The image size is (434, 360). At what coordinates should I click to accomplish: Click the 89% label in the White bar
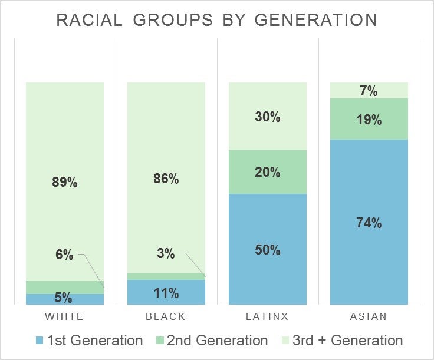pyautogui.click(x=64, y=183)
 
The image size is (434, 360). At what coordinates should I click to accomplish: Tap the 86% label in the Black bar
pyautogui.click(x=166, y=179)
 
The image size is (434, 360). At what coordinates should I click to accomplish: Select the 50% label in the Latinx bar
pyautogui.click(x=267, y=250)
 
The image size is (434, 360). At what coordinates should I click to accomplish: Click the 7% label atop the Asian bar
pyautogui.click(x=369, y=91)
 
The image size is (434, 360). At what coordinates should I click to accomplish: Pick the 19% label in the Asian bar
pyautogui.click(x=369, y=120)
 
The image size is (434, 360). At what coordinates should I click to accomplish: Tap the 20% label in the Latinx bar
pyautogui.click(x=267, y=173)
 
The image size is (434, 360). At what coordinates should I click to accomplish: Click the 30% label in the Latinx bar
pyautogui.click(x=267, y=117)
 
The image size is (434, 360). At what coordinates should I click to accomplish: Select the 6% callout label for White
pyautogui.click(x=64, y=255)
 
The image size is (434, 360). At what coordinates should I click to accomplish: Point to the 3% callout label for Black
pyautogui.click(x=166, y=254)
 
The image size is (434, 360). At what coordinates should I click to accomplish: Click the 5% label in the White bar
pyautogui.click(x=64, y=298)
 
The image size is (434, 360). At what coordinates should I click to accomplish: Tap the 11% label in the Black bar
pyautogui.click(x=166, y=293)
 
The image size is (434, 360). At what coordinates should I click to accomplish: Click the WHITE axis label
pyautogui.click(x=64, y=316)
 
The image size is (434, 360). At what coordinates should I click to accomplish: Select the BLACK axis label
pyautogui.click(x=166, y=316)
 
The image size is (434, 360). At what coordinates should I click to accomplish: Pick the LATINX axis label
pyautogui.click(x=267, y=316)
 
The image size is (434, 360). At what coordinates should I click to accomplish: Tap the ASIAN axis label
pyautogui.click(x=369, y=316)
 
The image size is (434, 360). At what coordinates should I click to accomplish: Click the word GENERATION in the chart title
pyautogui.click(x=315, y=20)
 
